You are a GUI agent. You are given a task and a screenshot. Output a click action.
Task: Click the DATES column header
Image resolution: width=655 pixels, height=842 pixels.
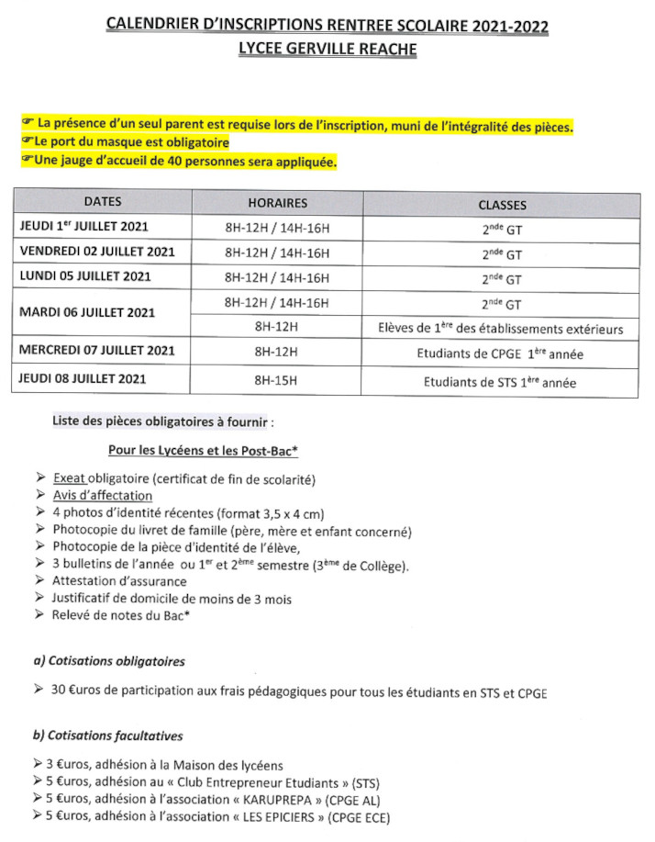pyautogui.click(x=102, y=202)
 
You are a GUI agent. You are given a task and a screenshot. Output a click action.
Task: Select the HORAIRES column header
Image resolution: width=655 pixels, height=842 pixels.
pyautogui.click(x=277, y=203)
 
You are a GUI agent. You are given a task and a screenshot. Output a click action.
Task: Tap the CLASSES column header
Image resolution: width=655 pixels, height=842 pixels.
pyautogui.click(x=502, y=205)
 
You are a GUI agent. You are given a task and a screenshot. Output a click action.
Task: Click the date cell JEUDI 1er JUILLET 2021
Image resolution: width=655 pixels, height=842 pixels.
pyautogui.click(x=83, y=226)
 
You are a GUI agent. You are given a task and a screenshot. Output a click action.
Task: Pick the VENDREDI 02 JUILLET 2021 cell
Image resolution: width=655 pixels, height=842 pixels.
pyautogui.click(x=96, y=251)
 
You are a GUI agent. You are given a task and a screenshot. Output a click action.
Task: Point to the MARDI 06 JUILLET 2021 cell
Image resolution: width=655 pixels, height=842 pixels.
pyautogui.click(x=88, y=312)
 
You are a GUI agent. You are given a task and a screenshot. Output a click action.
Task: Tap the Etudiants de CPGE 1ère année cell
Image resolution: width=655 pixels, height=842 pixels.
pyautogui.click(x=502, y=354)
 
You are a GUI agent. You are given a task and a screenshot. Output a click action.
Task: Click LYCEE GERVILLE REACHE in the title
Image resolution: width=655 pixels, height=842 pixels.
pyautogui.click(x=327, y=50)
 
